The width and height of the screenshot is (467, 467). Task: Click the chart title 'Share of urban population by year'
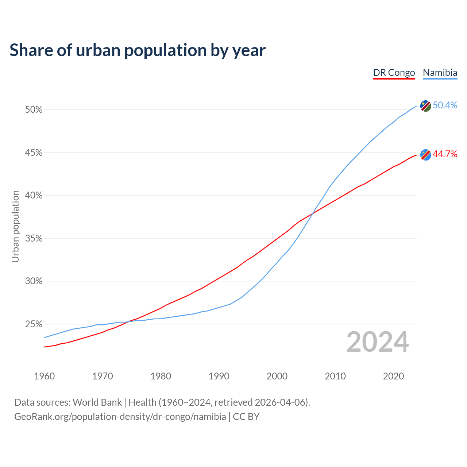138,50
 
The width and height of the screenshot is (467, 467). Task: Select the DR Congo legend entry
394,73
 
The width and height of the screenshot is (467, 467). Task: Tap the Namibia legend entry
440,73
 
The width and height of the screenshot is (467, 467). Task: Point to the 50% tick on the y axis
34,110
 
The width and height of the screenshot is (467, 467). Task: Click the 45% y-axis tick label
34,153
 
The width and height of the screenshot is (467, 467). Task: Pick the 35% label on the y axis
34,239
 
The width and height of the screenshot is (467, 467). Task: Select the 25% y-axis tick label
34,324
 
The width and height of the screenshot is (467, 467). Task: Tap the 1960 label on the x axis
44,376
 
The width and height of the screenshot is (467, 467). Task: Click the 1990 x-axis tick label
219,376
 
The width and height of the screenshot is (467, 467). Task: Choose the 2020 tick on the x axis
393,376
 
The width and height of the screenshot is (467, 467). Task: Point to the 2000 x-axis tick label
277,376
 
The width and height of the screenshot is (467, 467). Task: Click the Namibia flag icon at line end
426,106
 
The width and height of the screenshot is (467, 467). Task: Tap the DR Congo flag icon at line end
426,155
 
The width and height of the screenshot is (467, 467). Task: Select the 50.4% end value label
445,105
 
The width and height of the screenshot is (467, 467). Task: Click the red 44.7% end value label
445,154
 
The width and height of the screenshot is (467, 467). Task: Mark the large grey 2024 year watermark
378,342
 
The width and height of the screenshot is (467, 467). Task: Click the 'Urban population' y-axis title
15,226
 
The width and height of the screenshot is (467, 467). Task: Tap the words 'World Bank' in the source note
97,402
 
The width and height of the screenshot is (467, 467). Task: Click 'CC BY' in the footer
246,417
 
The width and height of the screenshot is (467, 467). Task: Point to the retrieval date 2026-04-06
279,402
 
